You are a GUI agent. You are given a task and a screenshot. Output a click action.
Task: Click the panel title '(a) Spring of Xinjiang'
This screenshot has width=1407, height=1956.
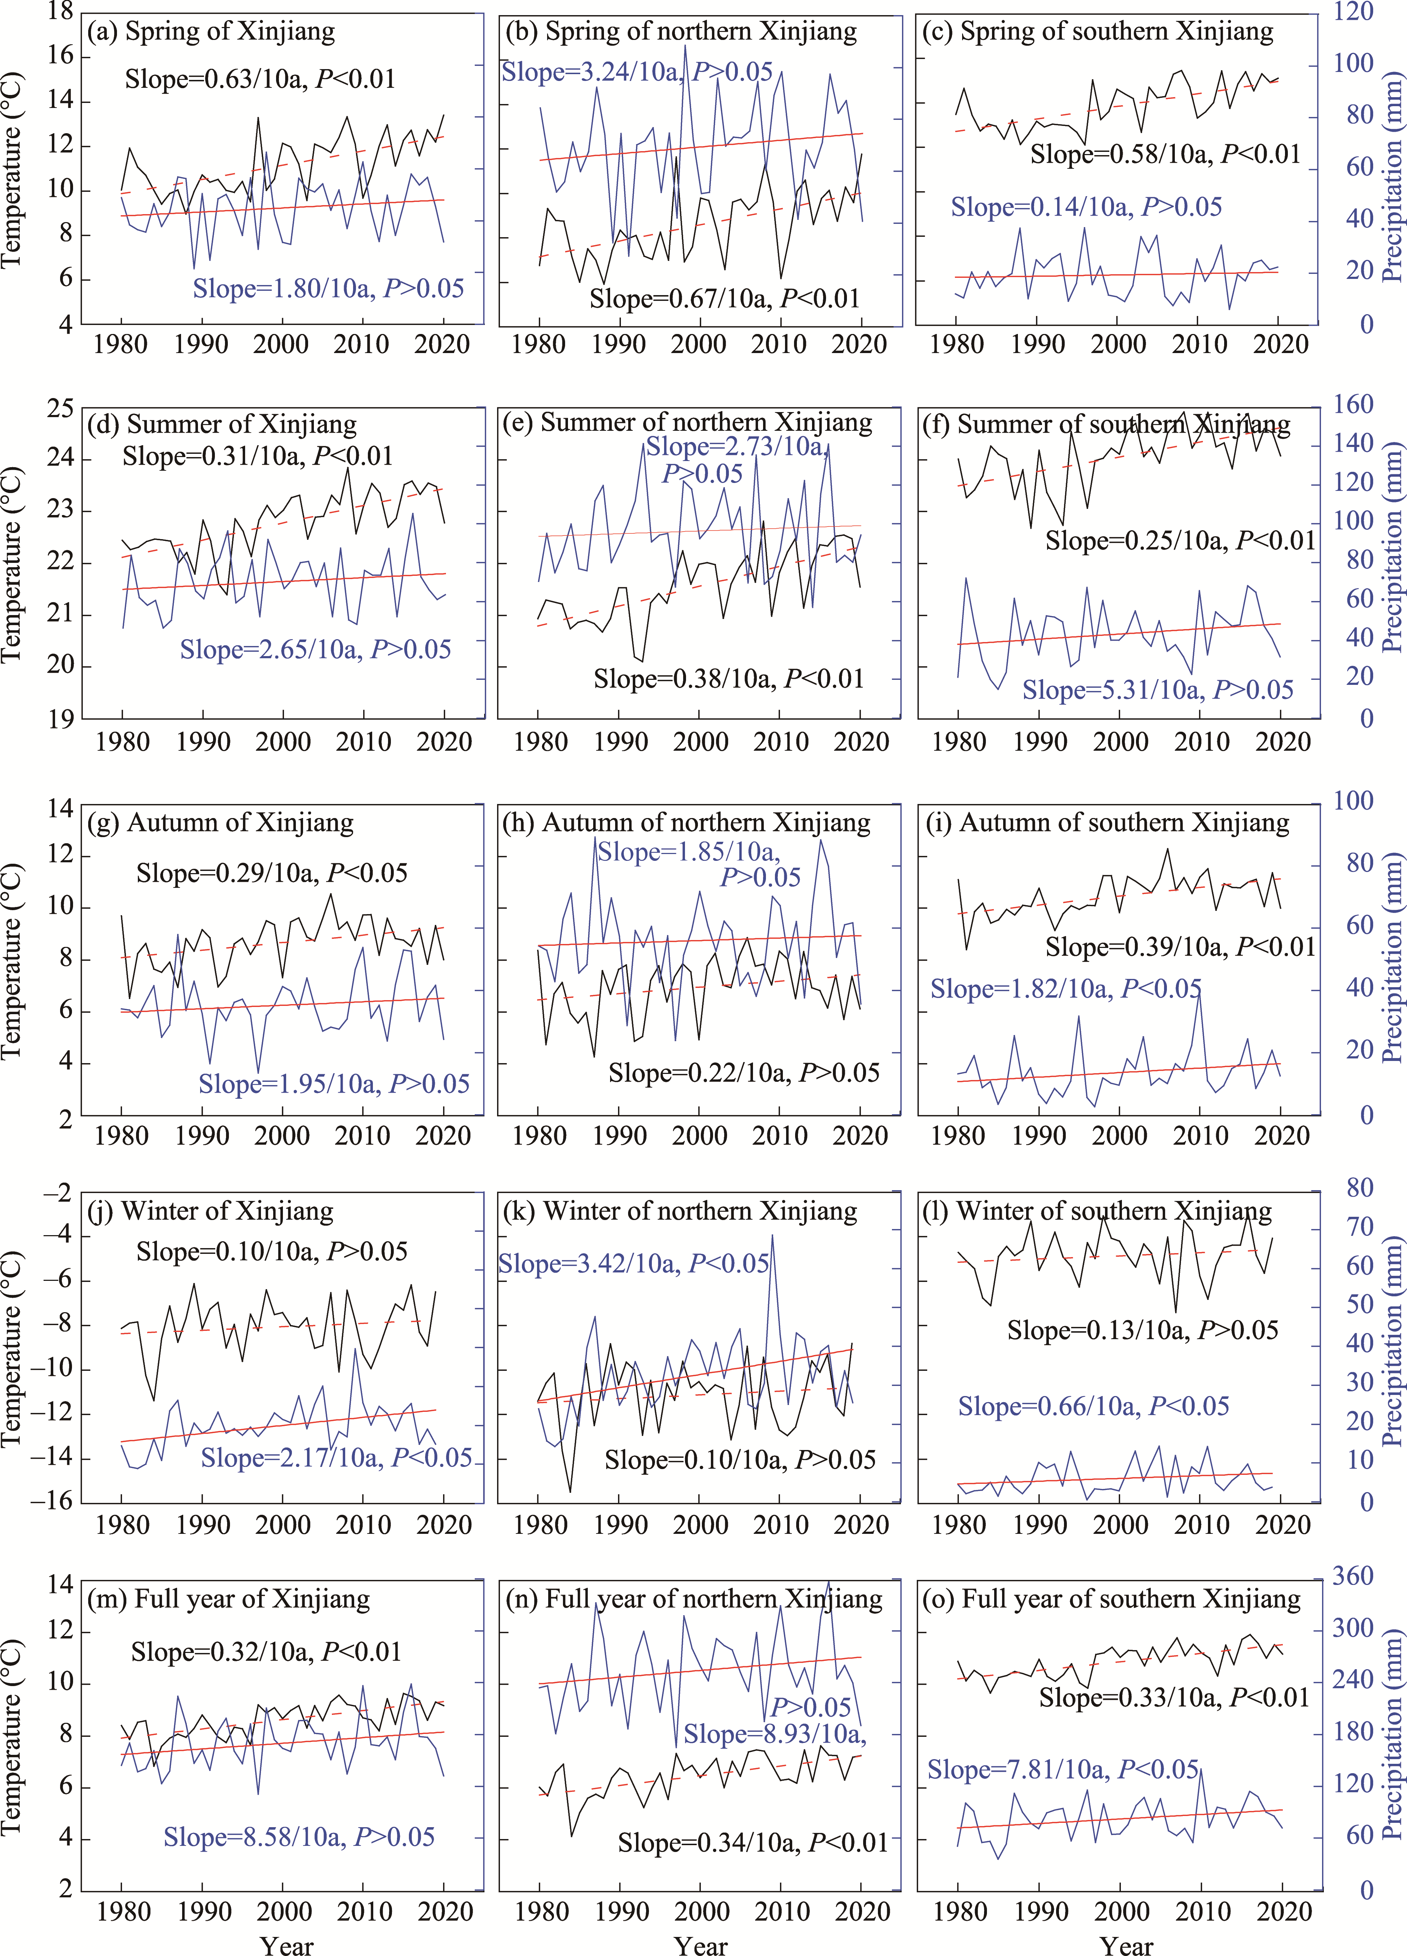tap(211, 32)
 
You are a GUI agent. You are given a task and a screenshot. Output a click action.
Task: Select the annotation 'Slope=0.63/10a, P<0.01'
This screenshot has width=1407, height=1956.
tap(260, 79)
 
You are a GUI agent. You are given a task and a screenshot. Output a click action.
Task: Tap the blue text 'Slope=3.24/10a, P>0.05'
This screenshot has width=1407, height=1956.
tap(637, 72)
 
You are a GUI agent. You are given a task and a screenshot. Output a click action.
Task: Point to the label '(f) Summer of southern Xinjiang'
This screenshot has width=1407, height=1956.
tap(1123, 424)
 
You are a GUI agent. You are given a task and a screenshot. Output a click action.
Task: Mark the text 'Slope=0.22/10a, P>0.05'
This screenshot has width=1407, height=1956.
tap(744, 1073)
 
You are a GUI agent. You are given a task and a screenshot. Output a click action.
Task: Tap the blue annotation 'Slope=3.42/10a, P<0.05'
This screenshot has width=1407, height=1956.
tap(633, 1264)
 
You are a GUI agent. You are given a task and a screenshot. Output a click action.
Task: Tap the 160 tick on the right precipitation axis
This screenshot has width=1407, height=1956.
tap(1353, 405)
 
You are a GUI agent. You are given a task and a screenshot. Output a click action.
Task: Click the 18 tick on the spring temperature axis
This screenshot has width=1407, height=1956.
tap(60, 12)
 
